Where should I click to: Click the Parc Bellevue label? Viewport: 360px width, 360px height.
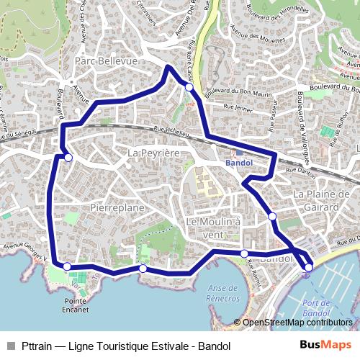106,61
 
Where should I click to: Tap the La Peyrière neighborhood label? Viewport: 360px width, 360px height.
153,153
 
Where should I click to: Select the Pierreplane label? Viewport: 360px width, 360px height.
117,207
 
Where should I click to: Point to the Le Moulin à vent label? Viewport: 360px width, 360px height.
213,228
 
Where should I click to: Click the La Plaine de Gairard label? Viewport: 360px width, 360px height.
320,200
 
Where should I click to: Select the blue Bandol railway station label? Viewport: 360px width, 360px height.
238,163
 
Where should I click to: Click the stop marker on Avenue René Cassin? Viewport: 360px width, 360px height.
189,87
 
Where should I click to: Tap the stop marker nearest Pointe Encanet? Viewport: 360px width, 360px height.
67,266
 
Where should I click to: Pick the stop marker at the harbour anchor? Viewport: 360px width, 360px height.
308,268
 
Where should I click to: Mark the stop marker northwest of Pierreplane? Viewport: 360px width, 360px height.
68,157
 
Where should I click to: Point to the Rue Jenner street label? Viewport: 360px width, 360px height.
239,108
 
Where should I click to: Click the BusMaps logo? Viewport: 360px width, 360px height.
320,346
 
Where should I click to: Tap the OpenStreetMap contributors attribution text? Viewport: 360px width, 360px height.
298,323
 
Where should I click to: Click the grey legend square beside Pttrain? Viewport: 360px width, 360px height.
10,346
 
